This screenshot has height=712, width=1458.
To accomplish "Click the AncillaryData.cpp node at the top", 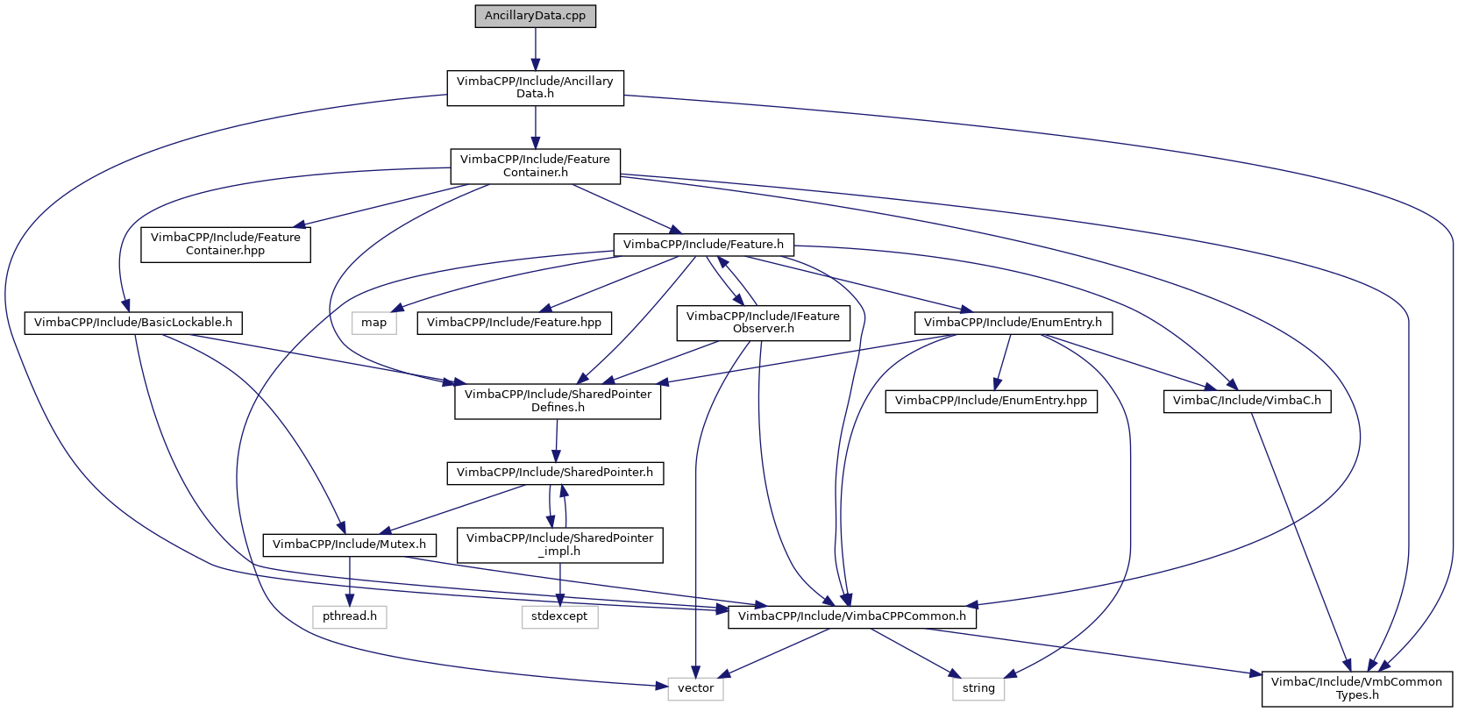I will point(535,16).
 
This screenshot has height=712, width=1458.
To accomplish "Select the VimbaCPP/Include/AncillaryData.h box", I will point(535,88).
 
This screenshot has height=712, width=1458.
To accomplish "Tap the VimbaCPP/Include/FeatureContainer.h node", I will point(535,166).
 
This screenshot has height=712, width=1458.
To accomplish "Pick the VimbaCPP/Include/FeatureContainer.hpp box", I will point(225,244).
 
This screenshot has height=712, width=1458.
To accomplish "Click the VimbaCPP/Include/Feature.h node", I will point(703,244).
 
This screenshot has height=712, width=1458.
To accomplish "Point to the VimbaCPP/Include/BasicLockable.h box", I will point(133,323).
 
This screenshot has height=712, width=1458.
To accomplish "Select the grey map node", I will point(373,323).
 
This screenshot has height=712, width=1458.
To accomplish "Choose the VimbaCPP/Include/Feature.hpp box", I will point(514,323).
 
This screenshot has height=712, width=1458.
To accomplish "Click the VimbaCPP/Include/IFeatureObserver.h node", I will point(763,323).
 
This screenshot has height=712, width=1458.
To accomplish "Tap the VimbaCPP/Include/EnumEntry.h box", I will point(1013,323).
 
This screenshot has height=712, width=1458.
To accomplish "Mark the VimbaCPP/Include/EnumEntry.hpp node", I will point(991,401).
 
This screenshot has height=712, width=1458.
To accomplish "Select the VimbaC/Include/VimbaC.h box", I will point(1246,401).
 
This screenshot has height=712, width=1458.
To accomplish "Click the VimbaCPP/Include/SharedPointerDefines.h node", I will point(558,401).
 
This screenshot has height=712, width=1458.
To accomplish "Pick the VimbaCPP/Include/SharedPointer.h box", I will point(554,473).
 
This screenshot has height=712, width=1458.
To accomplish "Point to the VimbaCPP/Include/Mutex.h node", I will point(349,545).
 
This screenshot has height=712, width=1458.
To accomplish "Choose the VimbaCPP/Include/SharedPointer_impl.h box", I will point(559,545).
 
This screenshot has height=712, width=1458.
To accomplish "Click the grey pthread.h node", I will point(349,616).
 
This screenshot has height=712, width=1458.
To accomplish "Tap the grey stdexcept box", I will point(559,616).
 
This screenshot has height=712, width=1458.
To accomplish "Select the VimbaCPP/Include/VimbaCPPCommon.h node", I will point(851,616).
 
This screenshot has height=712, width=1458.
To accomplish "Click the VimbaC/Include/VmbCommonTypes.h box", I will point(1356,688).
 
